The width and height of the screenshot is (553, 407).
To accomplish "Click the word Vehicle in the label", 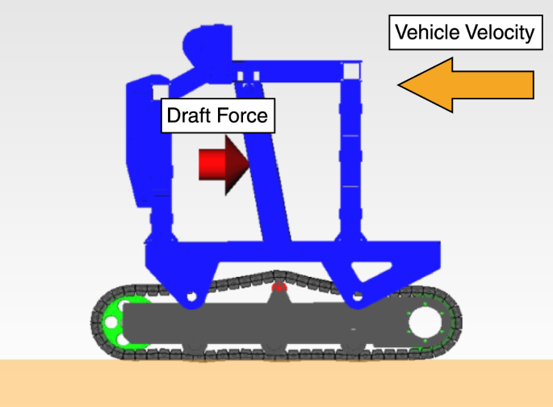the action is coord(425,33).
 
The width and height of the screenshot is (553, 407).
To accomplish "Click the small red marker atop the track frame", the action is coord(279,286).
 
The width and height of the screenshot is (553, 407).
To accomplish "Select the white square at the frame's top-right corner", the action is coord(352,72).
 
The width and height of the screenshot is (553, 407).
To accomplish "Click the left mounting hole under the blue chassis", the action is coord(191,298).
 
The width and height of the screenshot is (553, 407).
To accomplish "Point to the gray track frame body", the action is coord(274,323).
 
